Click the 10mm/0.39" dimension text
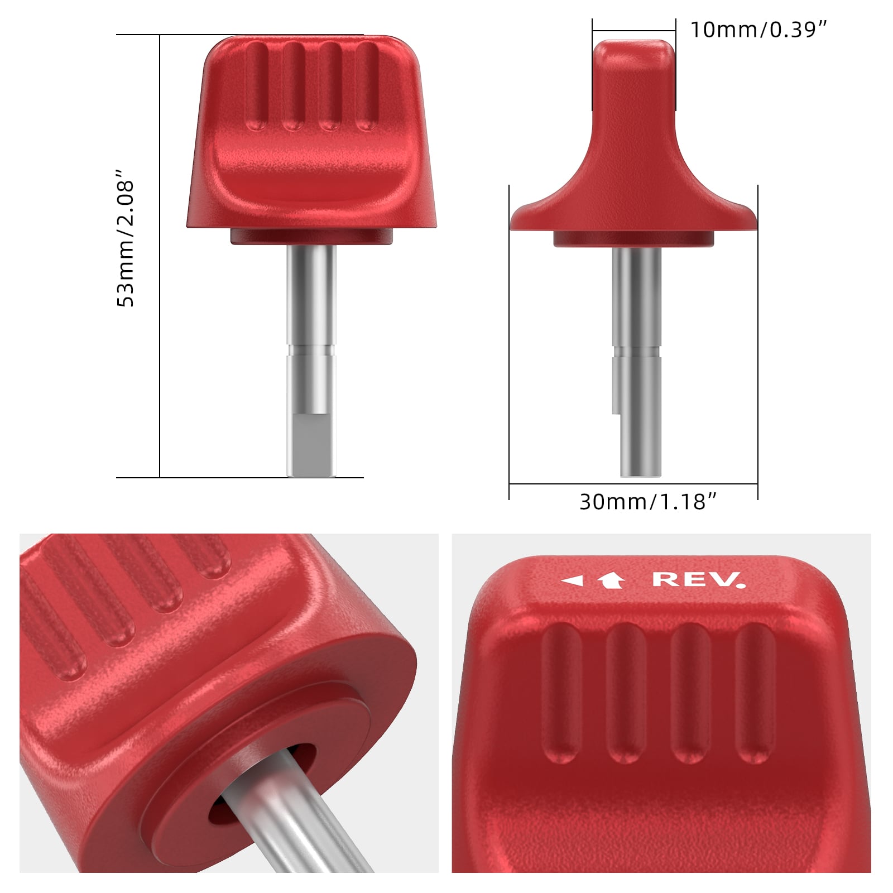tap(758, 30)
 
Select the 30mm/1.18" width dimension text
tap(647, 502)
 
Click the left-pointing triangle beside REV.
tap(572, 581)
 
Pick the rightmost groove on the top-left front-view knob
tap(367, 87)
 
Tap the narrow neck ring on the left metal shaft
tap(311, 351)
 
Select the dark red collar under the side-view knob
tap(634, 239)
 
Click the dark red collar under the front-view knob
tap(312, 237)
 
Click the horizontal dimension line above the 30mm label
tap(633, 484)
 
